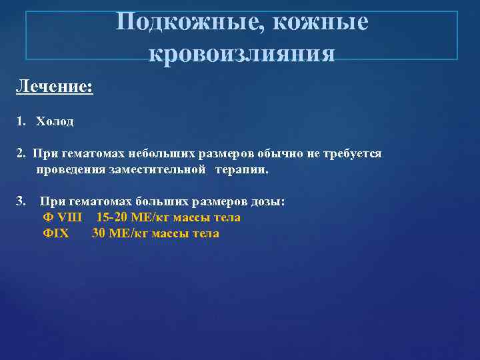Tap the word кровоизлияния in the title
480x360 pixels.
[x=241, y=52]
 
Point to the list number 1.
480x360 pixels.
[x=21, y=121]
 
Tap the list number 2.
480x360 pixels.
[x=21, y=154]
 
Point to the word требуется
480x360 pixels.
[x=353, y=154]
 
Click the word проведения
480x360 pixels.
[x=69, y=170]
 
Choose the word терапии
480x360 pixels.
[x=241, y=170]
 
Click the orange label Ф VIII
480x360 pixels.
[x=61, y=217]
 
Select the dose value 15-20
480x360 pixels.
[x=112, y=217]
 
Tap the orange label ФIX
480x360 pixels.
[x=55, y=233]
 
